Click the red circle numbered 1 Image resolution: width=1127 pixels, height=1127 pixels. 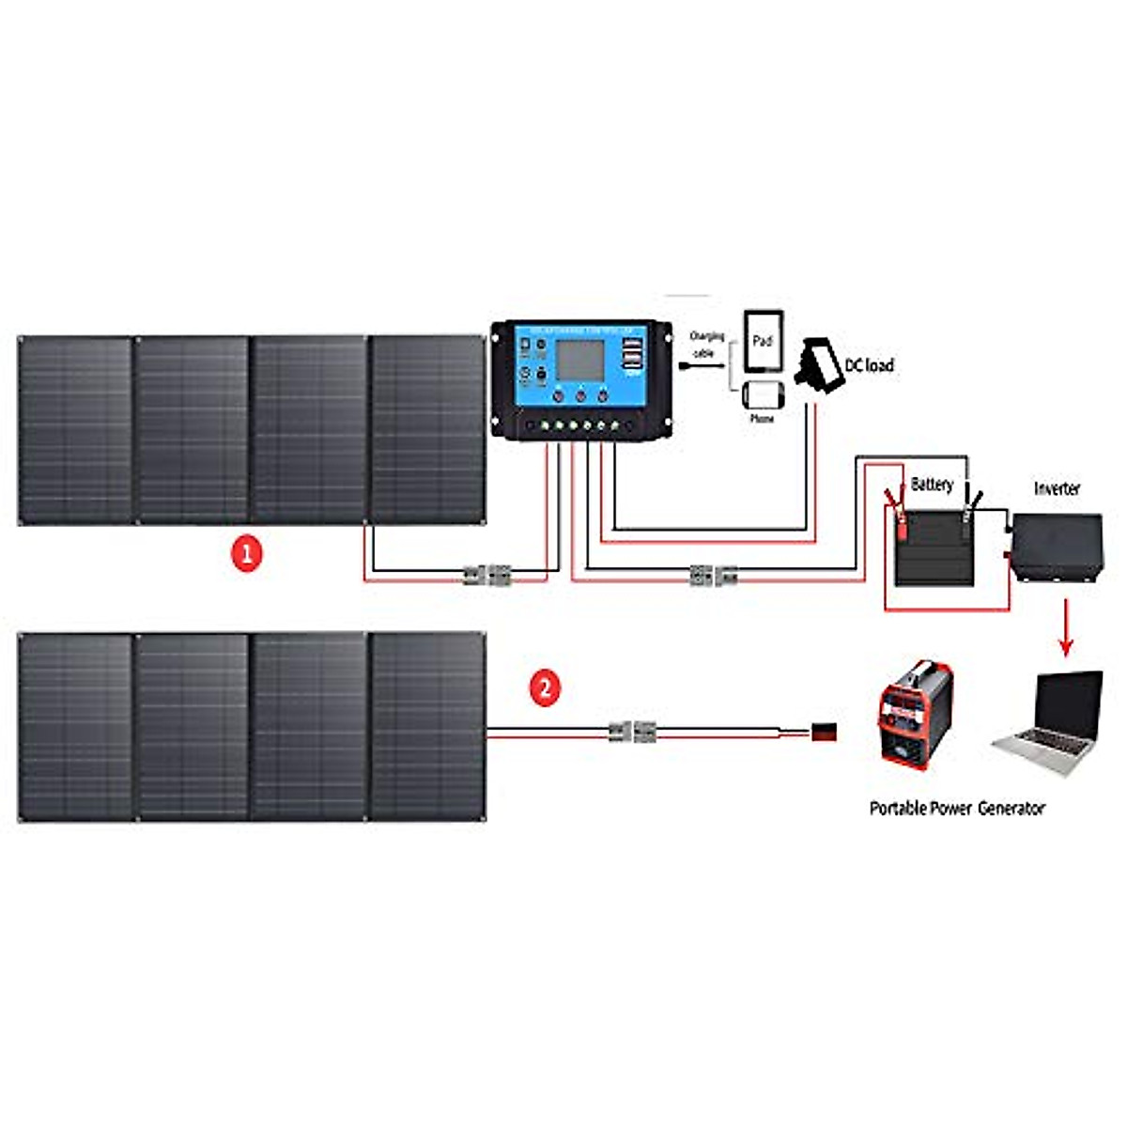(246, 554)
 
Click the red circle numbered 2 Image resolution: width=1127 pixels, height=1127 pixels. (545, 688)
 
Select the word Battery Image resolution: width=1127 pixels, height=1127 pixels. (932, 485)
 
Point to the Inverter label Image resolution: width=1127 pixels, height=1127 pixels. (1057, 488)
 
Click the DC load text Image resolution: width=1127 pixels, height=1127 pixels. (869, 365)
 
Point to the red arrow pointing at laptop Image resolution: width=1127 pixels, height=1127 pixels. (1065, 628)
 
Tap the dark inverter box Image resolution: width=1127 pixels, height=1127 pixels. (1057, 548)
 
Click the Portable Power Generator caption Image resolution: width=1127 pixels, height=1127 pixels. (956, 808)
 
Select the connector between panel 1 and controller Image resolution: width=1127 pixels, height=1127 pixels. (486, 575)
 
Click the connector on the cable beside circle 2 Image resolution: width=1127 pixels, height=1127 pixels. (631, 731)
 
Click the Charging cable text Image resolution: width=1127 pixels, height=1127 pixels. (706, 345)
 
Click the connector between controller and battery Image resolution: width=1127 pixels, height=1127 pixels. (713, 575)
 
